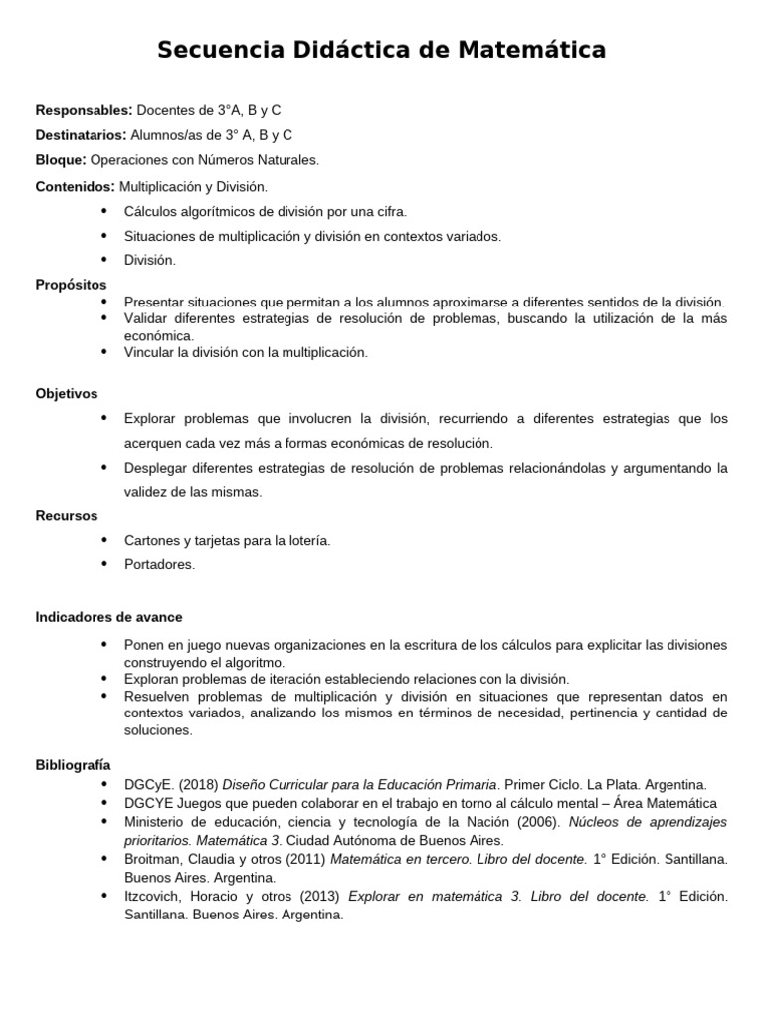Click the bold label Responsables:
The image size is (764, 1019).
(84, 109)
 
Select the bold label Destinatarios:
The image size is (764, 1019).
(81, 134)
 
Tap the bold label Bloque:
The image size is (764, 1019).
(61, 159)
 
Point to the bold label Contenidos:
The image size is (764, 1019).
(76, 186)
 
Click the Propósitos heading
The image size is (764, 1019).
(71, 285)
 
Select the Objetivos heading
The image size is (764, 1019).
(67, 393)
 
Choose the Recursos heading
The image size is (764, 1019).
(67, 515)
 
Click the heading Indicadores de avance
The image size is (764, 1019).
(108, 617)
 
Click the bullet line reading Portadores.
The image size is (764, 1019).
(159, 564)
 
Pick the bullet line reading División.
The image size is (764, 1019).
(149, 260)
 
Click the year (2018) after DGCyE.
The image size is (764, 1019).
(196, 785)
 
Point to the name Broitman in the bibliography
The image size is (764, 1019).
(152, 858)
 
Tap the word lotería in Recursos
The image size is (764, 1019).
(304, 540)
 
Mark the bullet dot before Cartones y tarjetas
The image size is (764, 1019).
(104, 539)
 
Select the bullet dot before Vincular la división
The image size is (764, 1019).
(104, 351)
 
